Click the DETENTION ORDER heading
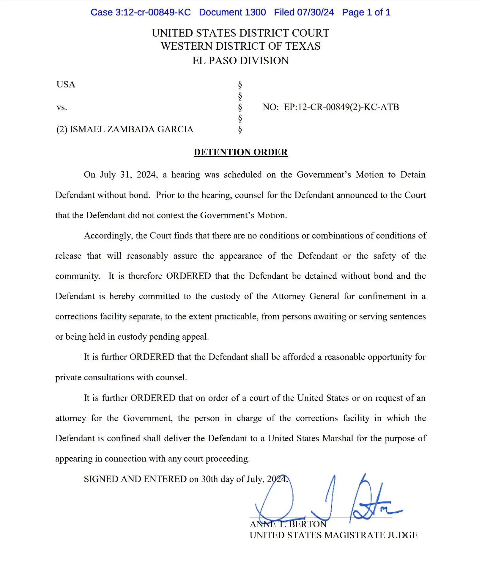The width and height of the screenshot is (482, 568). coord(241,152)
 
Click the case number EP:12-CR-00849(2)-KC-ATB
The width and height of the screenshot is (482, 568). coord(341,107)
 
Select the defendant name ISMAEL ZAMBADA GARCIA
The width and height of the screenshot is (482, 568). coord(131,129)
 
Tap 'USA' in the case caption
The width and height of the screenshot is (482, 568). coord(66,84)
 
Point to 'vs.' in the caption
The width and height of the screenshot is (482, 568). coord(62,107)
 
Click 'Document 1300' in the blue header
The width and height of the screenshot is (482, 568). coord(232,12)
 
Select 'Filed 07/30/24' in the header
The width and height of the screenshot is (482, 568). coord(304,12)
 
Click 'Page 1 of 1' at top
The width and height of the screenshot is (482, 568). coord(366,12)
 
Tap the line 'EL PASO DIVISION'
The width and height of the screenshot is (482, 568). coord(241,61)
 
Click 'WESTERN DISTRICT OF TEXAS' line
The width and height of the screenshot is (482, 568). coord(241,46)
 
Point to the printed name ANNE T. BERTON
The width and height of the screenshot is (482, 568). coord(288,524)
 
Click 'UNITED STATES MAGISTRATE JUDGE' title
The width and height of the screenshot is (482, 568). coord(333,535)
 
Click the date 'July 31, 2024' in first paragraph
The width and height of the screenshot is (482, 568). coord(129,175)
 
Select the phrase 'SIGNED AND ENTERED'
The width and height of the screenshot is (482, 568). coord(135,479)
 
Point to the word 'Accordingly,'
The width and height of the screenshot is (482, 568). coord(108,236)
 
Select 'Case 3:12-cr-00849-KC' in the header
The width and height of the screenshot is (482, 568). coord(141,12)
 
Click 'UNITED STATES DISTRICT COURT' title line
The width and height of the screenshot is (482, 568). coord(241,33)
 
